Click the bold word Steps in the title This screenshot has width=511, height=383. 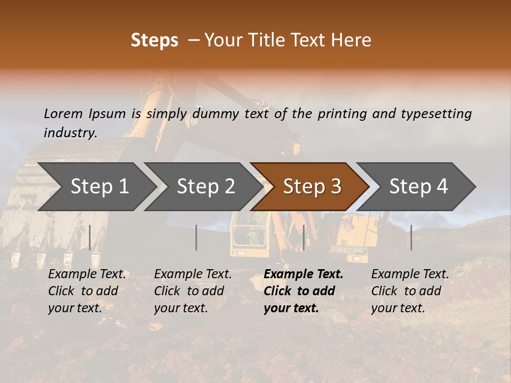[x=154, y=40]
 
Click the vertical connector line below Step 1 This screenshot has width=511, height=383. [x=90, y=237]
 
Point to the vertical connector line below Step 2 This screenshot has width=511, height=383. [x=196, y=237]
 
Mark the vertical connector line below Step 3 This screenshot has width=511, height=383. [x=303, y=237]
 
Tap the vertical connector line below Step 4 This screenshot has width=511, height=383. [x=411, y=237]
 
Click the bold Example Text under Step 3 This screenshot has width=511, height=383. [x=303, y=291]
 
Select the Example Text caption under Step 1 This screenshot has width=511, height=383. [x=87, y=291]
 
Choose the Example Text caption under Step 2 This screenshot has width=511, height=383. [x=193, y=291]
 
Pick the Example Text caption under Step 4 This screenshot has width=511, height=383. [x=410, y=291]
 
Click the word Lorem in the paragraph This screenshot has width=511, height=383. [x=63, y=114]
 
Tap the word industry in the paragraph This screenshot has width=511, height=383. [x=70, y=133]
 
